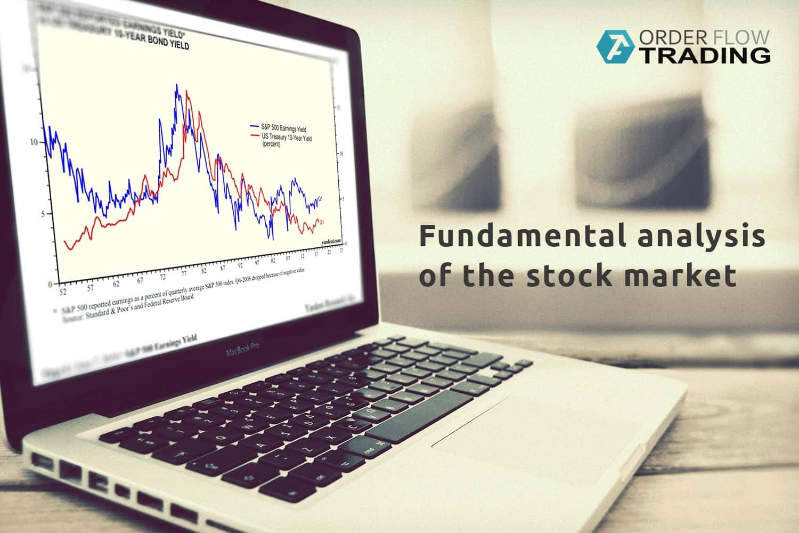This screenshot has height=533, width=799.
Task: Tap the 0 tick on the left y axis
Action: click(x=50, y=284)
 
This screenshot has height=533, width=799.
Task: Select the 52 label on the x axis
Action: click(x=63, y=292)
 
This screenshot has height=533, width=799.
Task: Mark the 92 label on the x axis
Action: click(x=241, y=264)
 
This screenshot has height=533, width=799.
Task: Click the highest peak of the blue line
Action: click(x=177, y=85)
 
